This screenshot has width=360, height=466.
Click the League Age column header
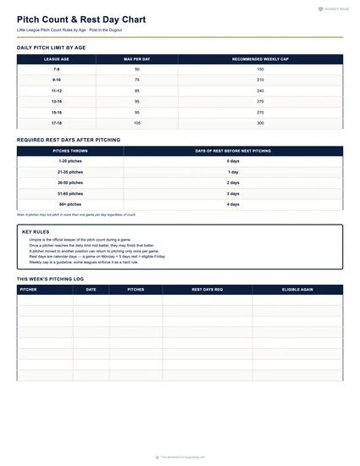(x=57, y=59)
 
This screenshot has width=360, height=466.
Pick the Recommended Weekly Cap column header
(x=260, y=59)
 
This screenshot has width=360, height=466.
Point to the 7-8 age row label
(x=57, y=69)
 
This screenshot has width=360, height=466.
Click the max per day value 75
(x=137, y=80)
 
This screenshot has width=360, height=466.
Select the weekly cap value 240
(x=260, y=90)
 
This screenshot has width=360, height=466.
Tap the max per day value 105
(x=137, y=123)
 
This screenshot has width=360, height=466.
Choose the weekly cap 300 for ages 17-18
(x=260, y=123)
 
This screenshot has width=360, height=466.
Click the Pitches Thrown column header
(x=70, y=150)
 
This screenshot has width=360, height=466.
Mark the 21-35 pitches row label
(x=70, y=171)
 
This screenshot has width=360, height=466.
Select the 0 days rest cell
(x=233, y=160)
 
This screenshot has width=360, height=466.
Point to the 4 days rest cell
(x=233, y=204)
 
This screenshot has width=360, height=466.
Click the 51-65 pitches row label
(x=70, y=193)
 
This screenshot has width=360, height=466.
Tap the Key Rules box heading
(x=36, y=230)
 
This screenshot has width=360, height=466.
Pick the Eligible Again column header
(x=297, y=289)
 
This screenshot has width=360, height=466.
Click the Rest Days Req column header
(x=207, y=289)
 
